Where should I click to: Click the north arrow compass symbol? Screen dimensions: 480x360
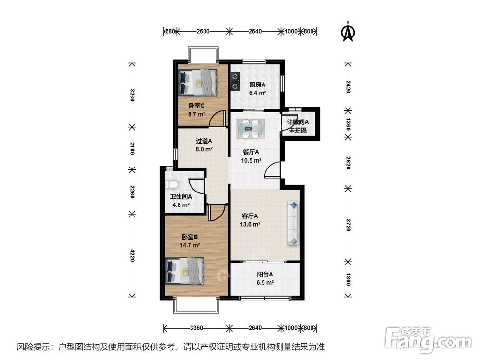(348, 31)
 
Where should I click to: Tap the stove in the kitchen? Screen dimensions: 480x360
(235, 82)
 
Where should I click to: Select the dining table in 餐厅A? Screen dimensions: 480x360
(251, 129)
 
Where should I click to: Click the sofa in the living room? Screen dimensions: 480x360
(293, 223)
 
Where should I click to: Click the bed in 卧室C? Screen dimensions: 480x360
(198, 83)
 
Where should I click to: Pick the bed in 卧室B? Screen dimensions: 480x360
(185, 271)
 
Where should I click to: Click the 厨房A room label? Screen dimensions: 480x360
(257, 85)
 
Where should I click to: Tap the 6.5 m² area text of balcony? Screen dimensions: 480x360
(265, 283)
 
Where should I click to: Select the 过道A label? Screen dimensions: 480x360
(204, 141)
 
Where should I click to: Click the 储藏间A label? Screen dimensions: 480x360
(298, 122)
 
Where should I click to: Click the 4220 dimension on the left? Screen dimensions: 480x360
(132, 255)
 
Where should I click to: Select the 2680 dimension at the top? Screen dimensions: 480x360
(203, 31)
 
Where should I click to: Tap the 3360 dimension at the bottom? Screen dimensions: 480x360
(196, 328)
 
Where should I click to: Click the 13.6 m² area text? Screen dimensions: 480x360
(250, 224)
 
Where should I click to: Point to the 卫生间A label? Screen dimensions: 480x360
(181, 197)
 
